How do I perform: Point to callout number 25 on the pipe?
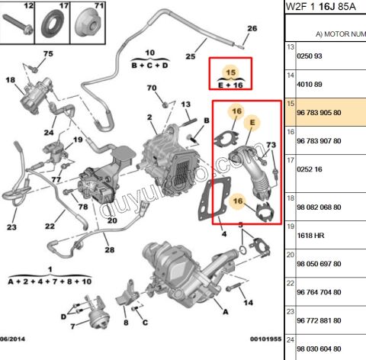pos(191,57)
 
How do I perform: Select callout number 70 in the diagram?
pos(152,88)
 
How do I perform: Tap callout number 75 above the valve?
pos(48,53)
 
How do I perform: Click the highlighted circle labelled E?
pos(253,121)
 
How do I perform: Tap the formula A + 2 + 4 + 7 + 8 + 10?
pos(49,281)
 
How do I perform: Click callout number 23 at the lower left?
pos(11,227)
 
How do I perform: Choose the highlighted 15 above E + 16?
pos(231,72)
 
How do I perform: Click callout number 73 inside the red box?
pos(270,145)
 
